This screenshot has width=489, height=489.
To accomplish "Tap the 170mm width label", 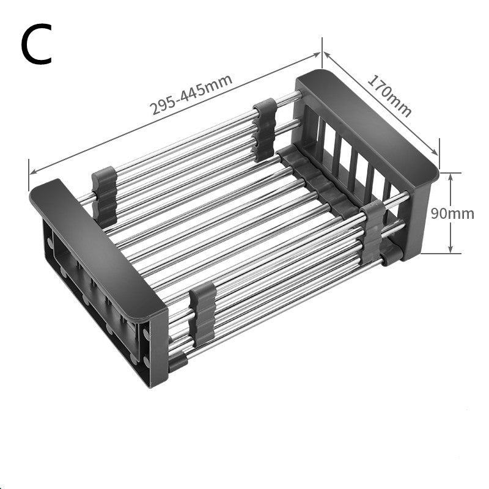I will (x=389, y=95).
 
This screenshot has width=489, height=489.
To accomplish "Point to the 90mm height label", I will (x=452, y=213).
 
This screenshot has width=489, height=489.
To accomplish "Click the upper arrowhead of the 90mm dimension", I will (x=450, y=176).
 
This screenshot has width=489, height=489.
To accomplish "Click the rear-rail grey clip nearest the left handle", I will (x=104, y=194).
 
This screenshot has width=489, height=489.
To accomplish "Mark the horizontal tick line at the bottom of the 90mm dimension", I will (x=450, y=252).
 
